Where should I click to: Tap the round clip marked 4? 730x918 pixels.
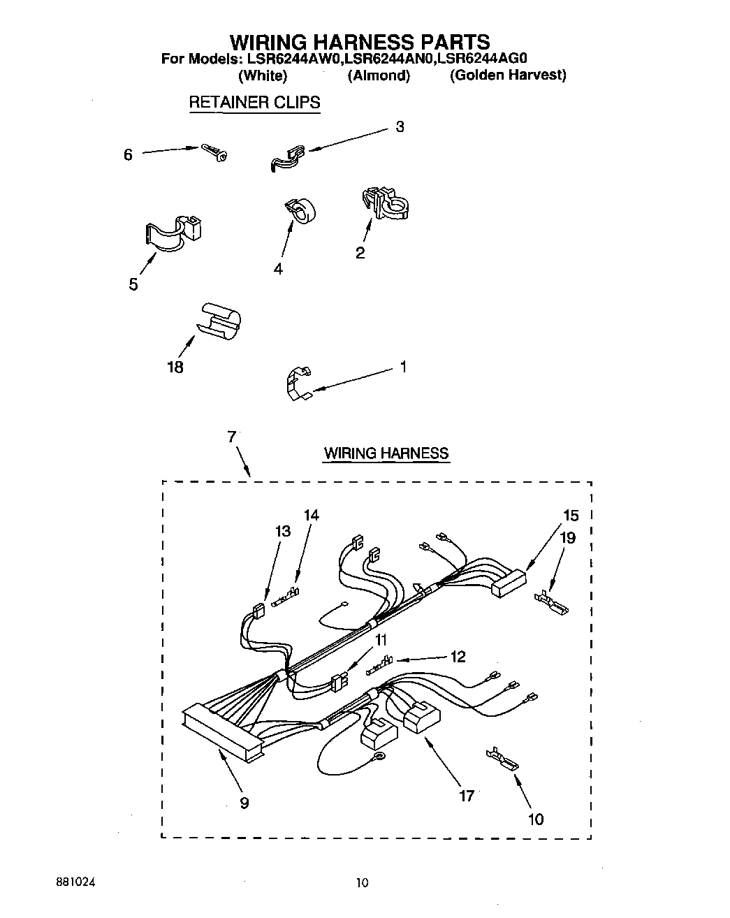[300, 210]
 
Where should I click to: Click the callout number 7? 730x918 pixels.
[231, 437]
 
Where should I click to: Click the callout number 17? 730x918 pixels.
[467, 795]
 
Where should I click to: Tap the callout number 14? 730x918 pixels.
[312, 515]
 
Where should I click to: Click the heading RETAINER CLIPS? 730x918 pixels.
[254, 102]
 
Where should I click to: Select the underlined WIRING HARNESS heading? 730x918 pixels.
[386, 453]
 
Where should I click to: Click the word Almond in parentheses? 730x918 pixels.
[378, 75]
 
